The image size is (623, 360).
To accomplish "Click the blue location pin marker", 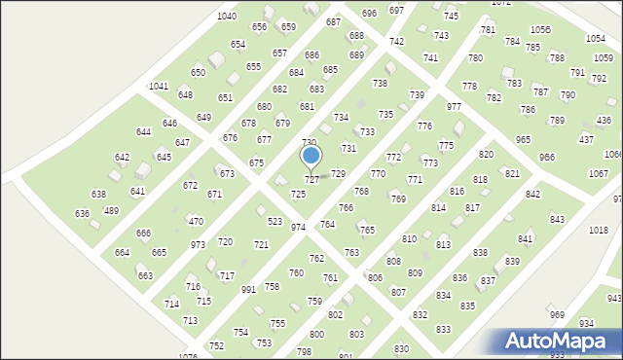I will (x=311, y=156).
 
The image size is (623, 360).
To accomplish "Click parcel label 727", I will (x=311, y=180).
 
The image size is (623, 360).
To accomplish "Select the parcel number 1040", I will (x=227, y=17).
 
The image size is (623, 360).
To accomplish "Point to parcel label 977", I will (x=454, y=106).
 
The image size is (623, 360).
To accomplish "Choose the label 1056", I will (x=540, y=30).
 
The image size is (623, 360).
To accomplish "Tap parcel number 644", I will (x=144, y=131).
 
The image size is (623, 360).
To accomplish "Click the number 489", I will (x=111, y=210).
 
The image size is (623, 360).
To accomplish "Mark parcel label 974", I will (x=298, y=227).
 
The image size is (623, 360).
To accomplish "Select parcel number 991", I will (x=248, y=289).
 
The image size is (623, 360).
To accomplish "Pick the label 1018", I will (x=599, y=230).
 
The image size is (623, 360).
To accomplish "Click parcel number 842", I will (x=533, y=195).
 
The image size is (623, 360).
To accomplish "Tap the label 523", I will (x=275, y=222).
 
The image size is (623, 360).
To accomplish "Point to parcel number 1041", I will (x=159, y=86).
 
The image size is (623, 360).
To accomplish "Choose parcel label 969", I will (x=557, y=314).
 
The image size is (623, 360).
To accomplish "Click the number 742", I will (x=396, y=42).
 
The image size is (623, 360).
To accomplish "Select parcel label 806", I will (x=375, y=278).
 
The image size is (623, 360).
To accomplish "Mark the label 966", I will (x=547, y=157).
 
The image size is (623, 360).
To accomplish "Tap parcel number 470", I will (x=196, y=222).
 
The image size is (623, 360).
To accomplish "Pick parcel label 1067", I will (x=599, y=173).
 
